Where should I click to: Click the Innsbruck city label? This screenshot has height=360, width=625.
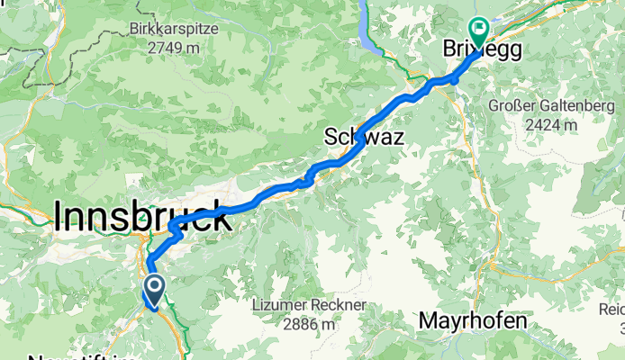(140, 216)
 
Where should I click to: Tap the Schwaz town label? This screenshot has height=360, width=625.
(362, 137)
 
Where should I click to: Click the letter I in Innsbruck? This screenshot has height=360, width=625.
(59, 216)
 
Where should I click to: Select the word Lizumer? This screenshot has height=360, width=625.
(282, 306)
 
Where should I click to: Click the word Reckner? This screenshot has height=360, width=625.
(340, 306)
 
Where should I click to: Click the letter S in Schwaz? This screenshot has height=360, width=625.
(331, 137)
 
